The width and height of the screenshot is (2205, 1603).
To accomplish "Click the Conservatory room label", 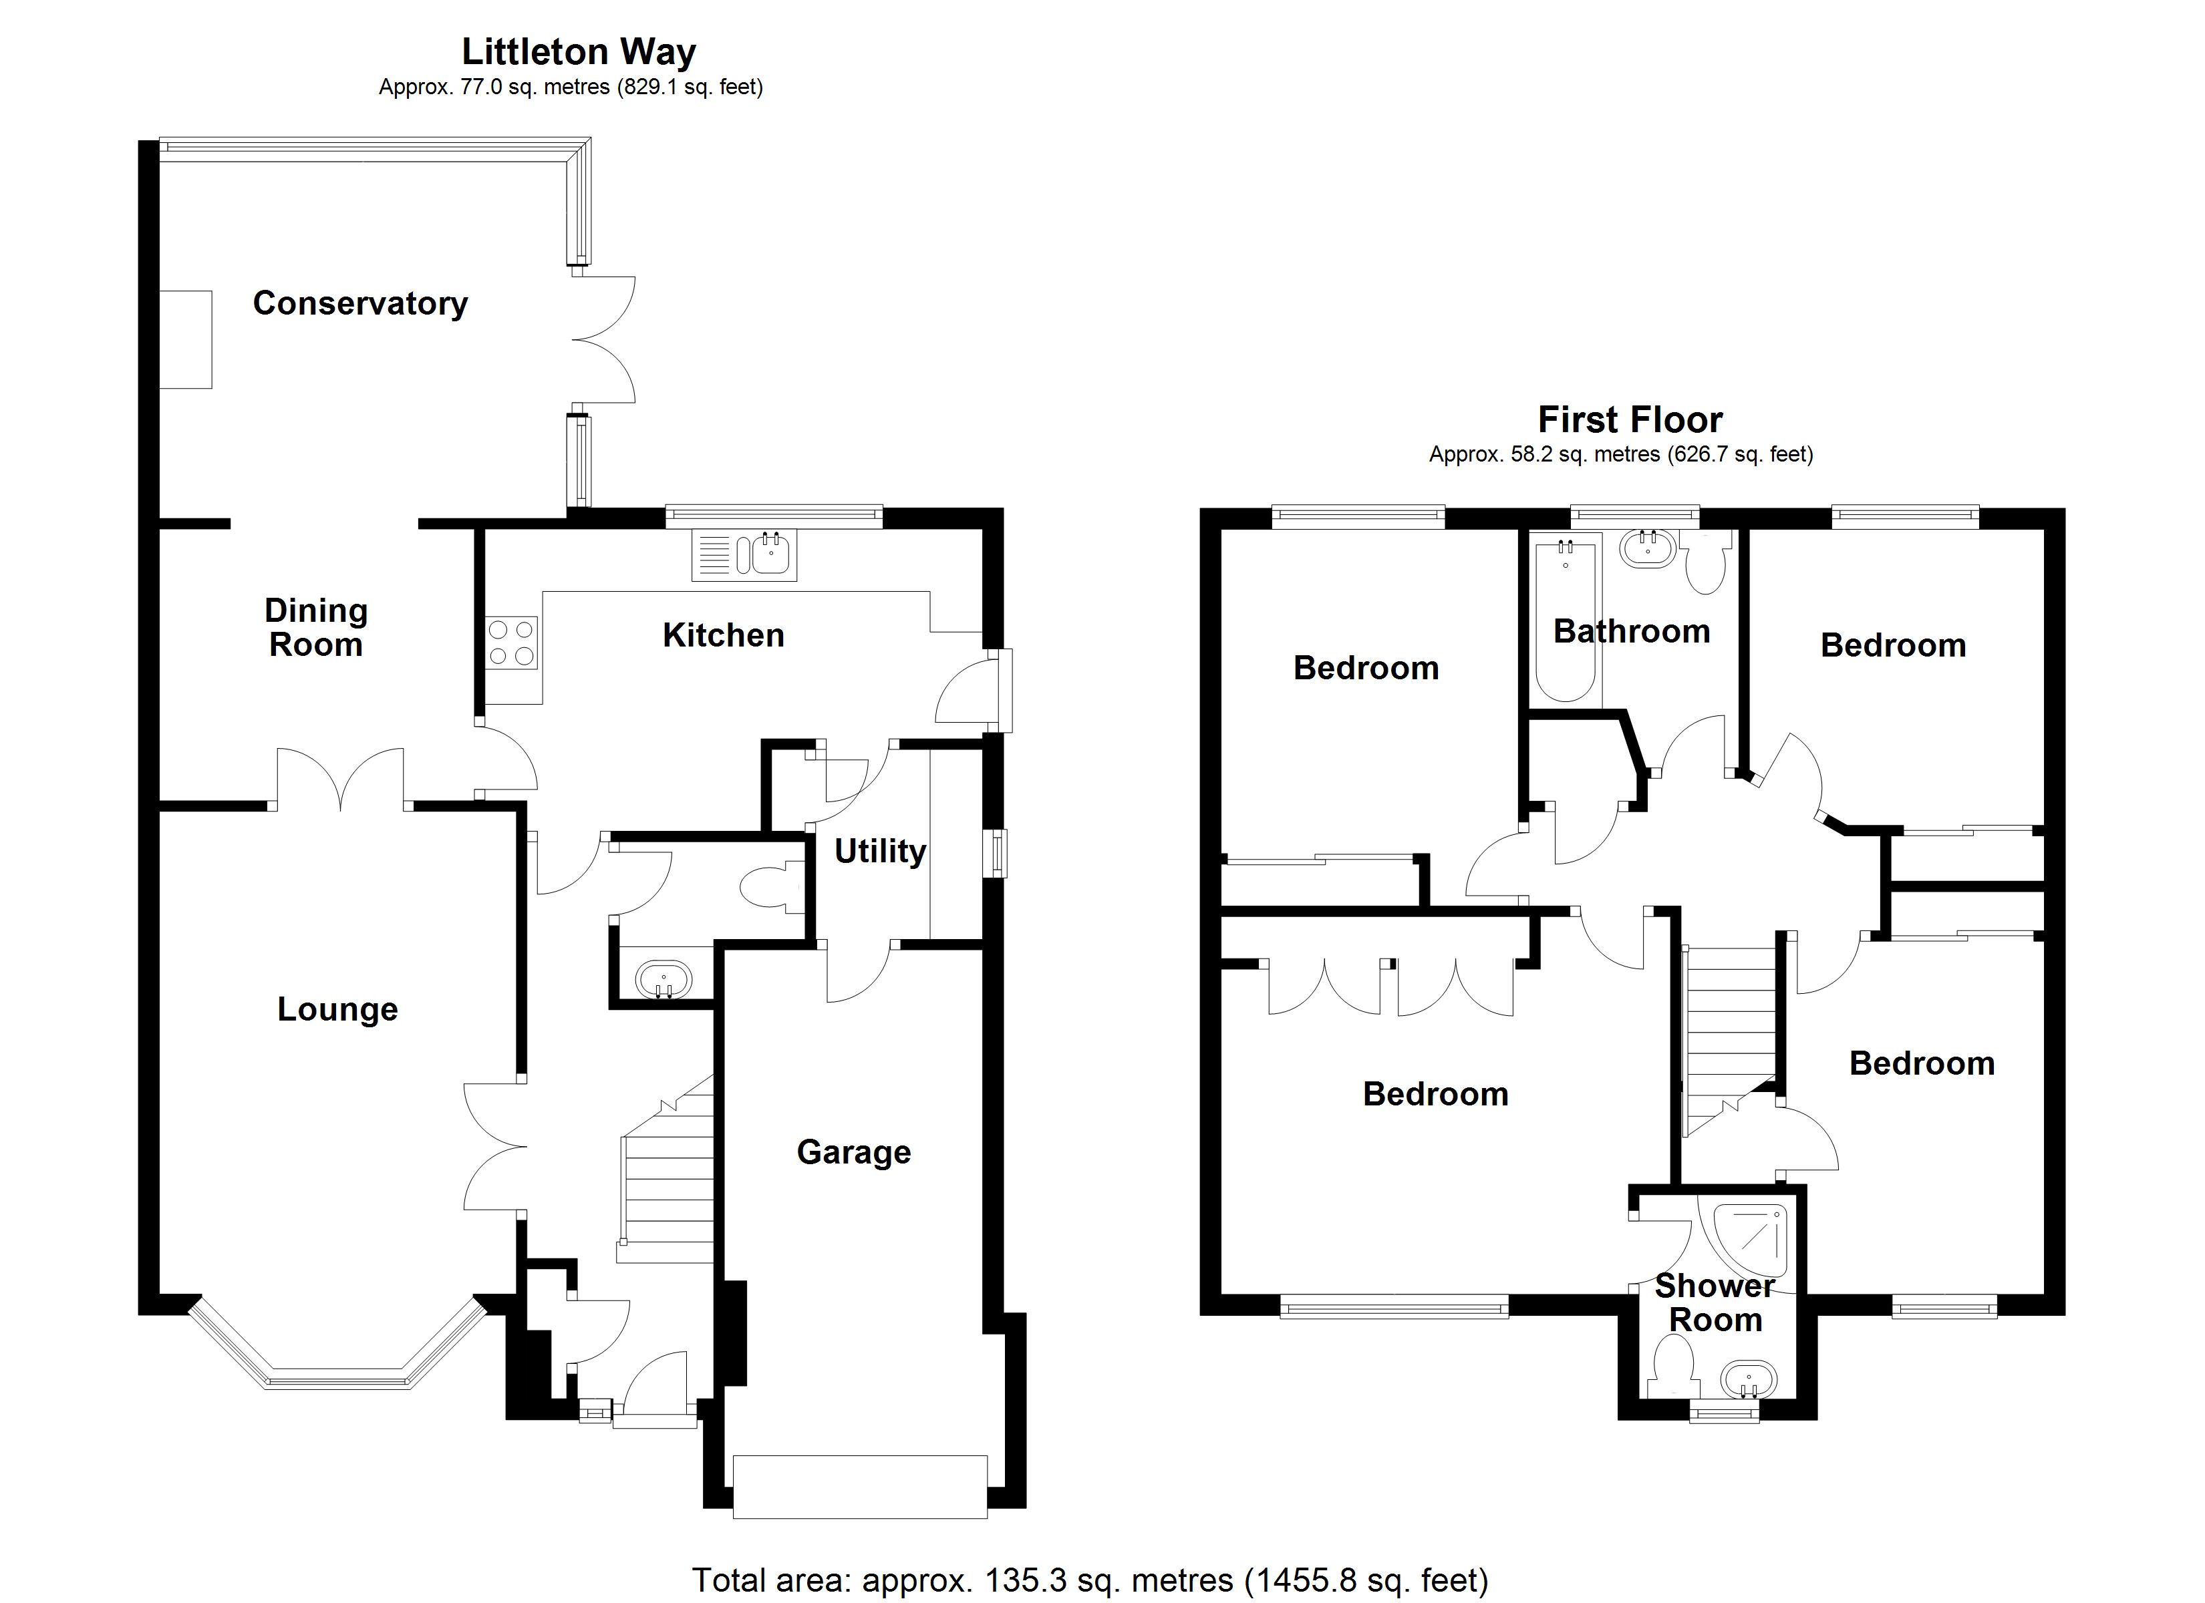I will (x=359, y=303).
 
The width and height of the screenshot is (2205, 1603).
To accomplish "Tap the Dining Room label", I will (x=316, y=628).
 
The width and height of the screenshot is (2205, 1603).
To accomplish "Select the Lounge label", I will (x=337, y=1009).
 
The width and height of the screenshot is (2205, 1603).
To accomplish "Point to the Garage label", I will (x=854, y=1152).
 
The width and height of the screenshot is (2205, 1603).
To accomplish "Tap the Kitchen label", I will (x=724, y=636).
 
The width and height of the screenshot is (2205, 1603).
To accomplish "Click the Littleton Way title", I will (x=579, y=51).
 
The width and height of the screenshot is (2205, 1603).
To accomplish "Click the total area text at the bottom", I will (x=1090, y=1580).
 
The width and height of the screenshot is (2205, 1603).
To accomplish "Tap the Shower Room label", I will (x=1715, y=1302).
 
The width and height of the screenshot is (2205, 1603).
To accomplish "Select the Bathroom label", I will (x=1632, y=632).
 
